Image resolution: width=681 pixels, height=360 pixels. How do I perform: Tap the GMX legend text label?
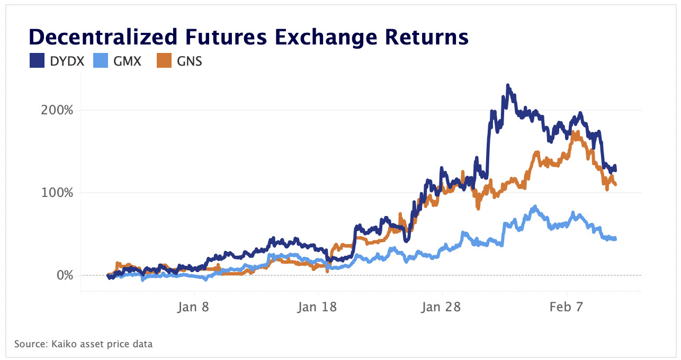(x=127, y=61)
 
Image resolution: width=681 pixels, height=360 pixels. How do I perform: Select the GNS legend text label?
(x=190, y=61)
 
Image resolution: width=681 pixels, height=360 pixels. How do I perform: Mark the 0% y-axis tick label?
(x=64, y=275)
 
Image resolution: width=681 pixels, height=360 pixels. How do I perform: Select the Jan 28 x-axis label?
(x=441, y=307)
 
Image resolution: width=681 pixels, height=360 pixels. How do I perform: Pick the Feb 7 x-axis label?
(x=566, y=307)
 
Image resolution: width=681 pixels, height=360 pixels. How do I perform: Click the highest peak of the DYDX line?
(x=508, y=85)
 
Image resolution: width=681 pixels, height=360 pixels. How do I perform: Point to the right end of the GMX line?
(x=615, y=239)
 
